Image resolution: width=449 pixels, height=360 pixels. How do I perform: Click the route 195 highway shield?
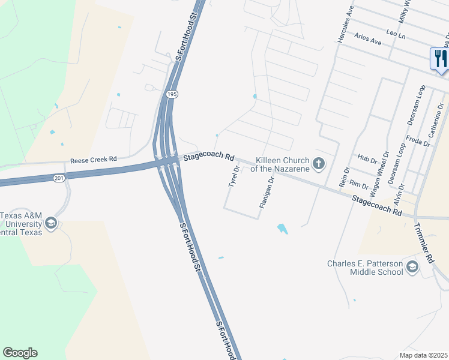click(172, 94)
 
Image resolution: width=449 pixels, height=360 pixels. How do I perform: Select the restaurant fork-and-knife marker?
click(439, 59)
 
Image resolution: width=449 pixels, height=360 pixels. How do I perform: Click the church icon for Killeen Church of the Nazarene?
click(318, 163)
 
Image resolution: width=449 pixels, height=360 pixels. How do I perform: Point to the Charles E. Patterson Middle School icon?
click(412, 267)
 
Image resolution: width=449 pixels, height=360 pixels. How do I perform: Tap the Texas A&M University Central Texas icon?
click(51, 224)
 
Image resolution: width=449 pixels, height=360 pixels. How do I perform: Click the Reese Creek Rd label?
click(93, 161)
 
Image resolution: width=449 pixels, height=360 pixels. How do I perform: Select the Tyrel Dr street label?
click(234, 176)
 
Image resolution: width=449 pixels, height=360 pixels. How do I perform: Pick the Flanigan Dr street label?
click(267, 193)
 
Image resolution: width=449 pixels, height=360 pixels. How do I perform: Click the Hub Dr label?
click(366, 161)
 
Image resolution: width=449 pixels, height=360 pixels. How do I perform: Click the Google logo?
click(20, 353)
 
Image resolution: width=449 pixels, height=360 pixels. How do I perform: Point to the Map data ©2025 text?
click(424, 355)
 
